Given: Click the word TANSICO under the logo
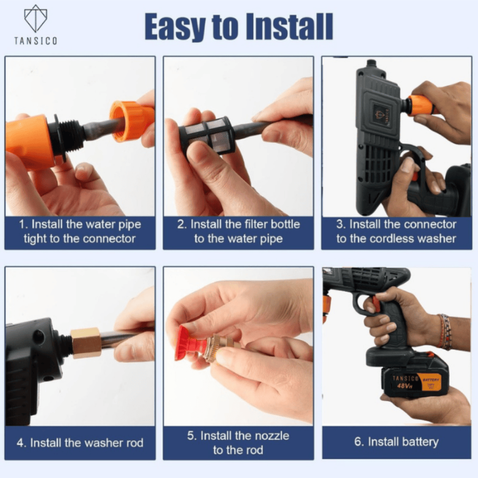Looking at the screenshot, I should tap(35, 41).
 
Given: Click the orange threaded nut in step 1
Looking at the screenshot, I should tap(131, 121).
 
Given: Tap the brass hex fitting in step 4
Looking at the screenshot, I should tap(86, 342).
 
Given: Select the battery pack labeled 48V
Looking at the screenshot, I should tap(414, 380).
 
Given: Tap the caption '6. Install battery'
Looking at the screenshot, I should tap(396, 442).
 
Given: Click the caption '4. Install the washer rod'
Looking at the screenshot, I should tap(80, 443).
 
